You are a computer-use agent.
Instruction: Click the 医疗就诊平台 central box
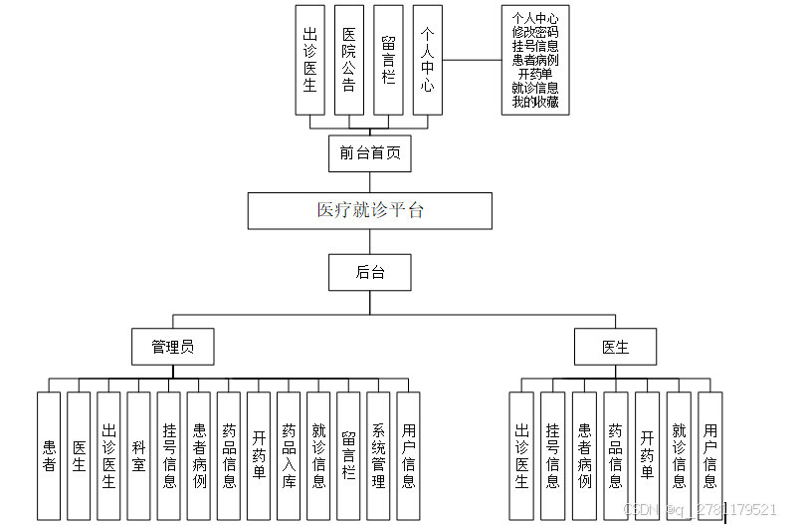(x=370, y=210)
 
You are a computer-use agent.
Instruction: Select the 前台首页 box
(x=369, y=152)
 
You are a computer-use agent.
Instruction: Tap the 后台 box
(x=369, y=272)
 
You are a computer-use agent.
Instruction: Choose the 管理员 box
(x=172, y=347)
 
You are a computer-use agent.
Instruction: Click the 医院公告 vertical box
(x=348, y=60)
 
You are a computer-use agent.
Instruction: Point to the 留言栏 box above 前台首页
(x=388, y=60)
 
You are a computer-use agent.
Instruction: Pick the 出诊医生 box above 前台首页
(x=309, y=60)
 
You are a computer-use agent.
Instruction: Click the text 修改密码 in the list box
(x=535, y=32)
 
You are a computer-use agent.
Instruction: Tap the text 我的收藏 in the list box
(x=535, y=102)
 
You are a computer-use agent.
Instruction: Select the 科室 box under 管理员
(x=139, y=455)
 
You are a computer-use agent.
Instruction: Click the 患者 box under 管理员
(x=49, y=455)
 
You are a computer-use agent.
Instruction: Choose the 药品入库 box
(x=289, y=455)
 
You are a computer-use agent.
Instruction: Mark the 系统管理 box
(x=378, y=455)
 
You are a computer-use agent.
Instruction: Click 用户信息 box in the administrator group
(x=408, y=455)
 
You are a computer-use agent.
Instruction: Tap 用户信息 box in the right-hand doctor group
(x=709, y=455)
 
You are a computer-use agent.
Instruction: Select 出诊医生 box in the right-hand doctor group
(x=521, y=455)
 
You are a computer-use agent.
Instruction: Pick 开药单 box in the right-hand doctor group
(x=647, y=455)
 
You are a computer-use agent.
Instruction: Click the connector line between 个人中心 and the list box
(x=472, y=60)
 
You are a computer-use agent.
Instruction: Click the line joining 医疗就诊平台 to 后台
(x=369, y=241)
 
